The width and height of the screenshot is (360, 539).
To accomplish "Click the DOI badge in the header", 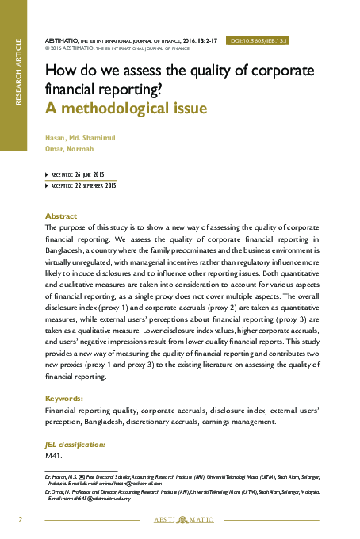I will pos(259,40).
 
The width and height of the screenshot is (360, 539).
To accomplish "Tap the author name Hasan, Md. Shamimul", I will pos(80,137).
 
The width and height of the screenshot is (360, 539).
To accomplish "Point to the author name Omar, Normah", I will pos(69,148).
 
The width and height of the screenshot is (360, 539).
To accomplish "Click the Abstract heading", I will pos(61,216).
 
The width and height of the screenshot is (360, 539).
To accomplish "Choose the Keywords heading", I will pos(64,399).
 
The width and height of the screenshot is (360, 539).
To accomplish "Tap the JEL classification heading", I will pos(75,445).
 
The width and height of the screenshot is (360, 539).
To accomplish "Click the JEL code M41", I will pos(54,457).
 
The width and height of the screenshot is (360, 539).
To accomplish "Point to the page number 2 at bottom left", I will pos(21,519).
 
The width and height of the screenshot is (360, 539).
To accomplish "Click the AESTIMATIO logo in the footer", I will pos(182,520).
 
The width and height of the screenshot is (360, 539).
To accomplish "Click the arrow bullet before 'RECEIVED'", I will pos(47,174).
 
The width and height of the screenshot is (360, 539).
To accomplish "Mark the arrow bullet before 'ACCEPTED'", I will pos(47,185).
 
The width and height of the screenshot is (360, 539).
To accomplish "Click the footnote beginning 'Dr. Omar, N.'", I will pos(182,495).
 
